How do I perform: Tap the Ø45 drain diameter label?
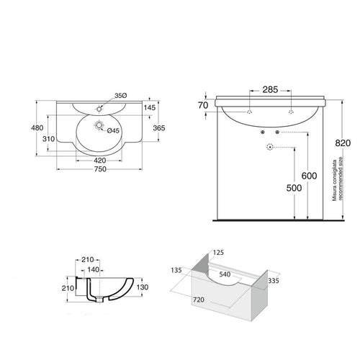113,130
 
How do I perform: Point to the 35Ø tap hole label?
121,96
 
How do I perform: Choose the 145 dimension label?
149,107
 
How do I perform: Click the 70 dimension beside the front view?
204,105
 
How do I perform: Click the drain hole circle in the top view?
94,131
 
